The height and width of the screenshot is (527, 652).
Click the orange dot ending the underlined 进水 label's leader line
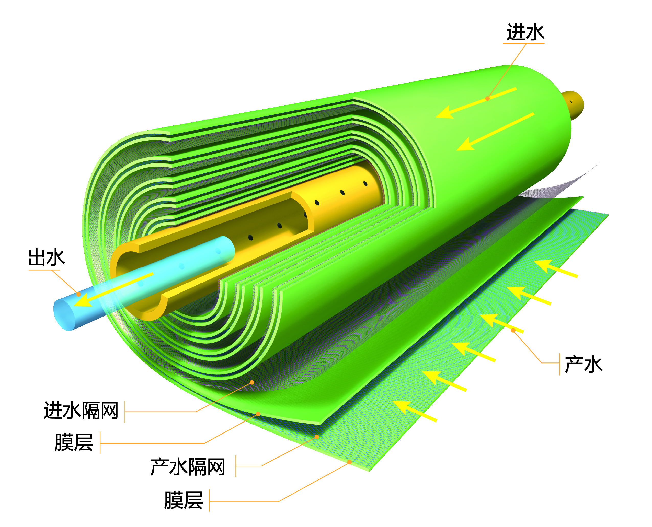pyautogui.click(x=487, y=98)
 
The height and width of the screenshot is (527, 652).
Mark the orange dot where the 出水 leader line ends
pyautogui.click(x=79, y=294)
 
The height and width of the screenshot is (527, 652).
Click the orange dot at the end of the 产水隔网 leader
pyautogui.click(x=317, y=437)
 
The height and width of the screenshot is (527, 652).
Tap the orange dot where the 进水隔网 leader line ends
pyautogui.click(x=252, y=382)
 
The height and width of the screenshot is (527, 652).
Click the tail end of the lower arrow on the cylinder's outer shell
pyautogui.click(x=534, y=114)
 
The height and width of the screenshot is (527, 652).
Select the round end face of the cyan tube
pyautogui.click(x=64, y=315)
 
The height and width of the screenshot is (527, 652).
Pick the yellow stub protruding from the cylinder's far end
pyautogui.click(x=573, y=105)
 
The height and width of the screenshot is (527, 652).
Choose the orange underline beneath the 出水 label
pyautogui.click(x=44, y=270)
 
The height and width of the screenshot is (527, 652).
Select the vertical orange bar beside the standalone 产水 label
pyautogui.click(x=560, y=364)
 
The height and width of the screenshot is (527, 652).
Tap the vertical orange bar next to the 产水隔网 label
pyautogui.click(x=236, y=466)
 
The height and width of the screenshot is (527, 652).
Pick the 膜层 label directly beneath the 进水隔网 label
pyautogui.click(x=74, y=442)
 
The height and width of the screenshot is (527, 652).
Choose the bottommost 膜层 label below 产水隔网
pyautogui.click(x=184, y=500)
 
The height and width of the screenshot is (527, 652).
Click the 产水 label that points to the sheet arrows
pyautogui.click(x=583, y=364)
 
